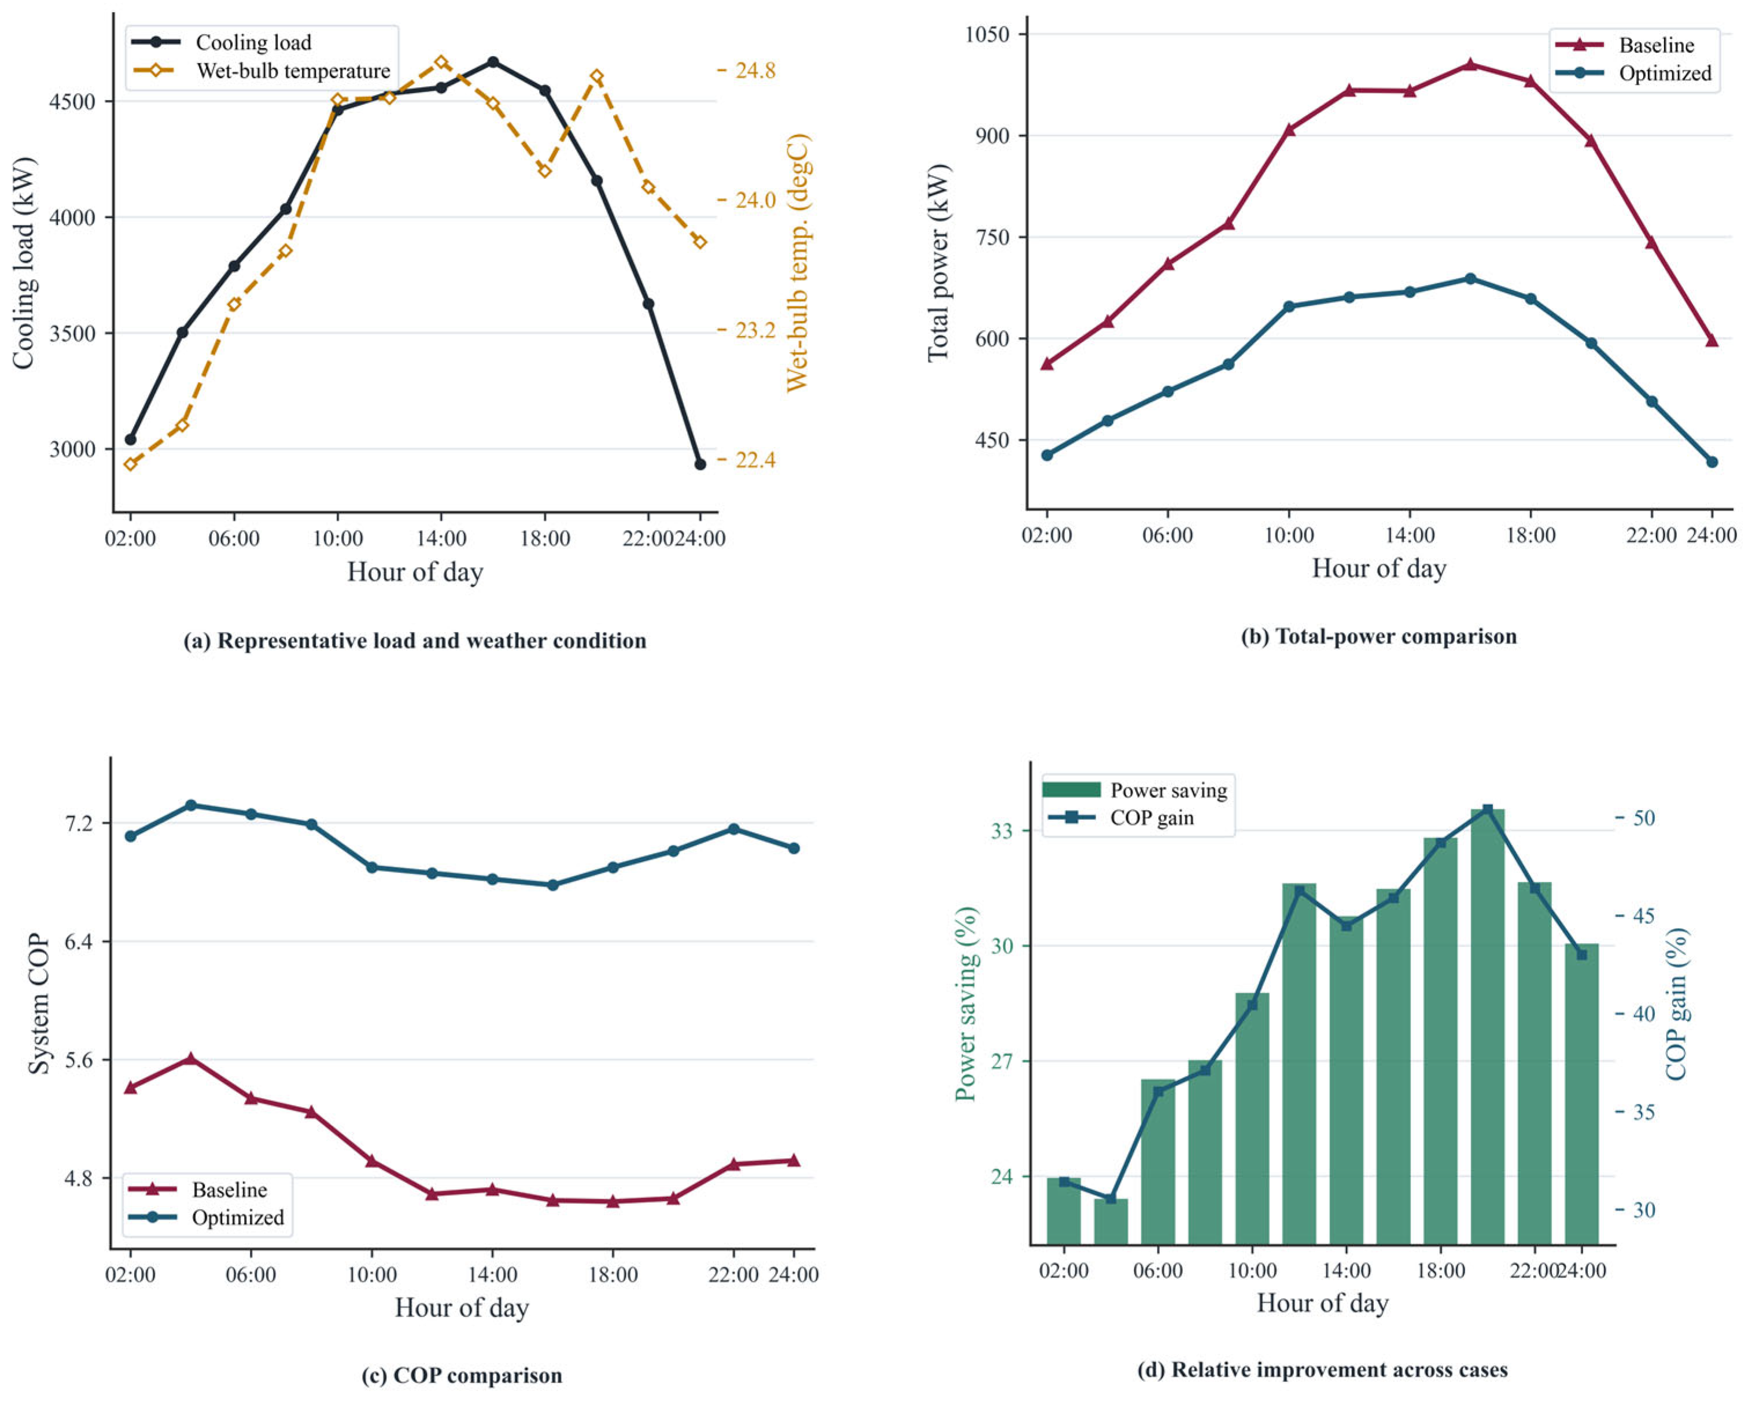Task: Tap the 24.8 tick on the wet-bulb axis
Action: tap(755, 71)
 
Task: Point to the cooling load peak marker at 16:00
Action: tap(493, 62)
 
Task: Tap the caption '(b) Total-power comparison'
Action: tap(1378, 636)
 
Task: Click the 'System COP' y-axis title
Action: tap(38, 1005)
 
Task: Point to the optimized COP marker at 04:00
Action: tap(190, 805)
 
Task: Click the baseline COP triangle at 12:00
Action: tap(432, 1193)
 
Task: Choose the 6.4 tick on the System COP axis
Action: tap(79, 941)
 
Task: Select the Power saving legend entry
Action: tap(1134, 789)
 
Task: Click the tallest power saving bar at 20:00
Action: tap(1488, 1027)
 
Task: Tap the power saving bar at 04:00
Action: tap(1111, 1221)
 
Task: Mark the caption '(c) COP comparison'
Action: tap(462, 1375)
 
